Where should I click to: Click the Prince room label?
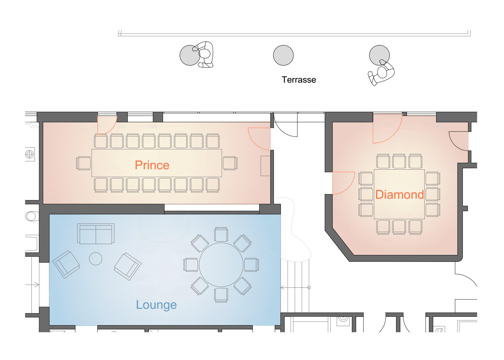tap(152, 165)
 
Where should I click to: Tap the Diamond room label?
tap(400, 194)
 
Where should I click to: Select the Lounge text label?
tap(157, 305)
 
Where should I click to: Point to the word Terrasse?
tap(299, 80)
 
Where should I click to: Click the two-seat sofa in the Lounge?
tap(96, 234)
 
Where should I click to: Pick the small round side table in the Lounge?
tap(96, 259)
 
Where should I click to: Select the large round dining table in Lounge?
tap(221, 265)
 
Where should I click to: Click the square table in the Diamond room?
tap(399, 194)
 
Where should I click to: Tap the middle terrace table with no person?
tap(283, 55)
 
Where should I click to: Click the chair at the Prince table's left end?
tap(84, 163)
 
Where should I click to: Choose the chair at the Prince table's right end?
tap(230, 163)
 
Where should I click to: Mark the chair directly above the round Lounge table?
tap(221, 235)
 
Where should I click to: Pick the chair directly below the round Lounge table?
tap(221, 295)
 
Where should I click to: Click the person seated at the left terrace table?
tap(204, 55)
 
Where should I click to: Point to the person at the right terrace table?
tap(381, 72)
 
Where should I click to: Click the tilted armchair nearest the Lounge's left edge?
tap(66, 264)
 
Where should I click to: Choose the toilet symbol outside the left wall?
tap(31, 216)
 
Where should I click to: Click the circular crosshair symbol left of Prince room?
tap(29, 155)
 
